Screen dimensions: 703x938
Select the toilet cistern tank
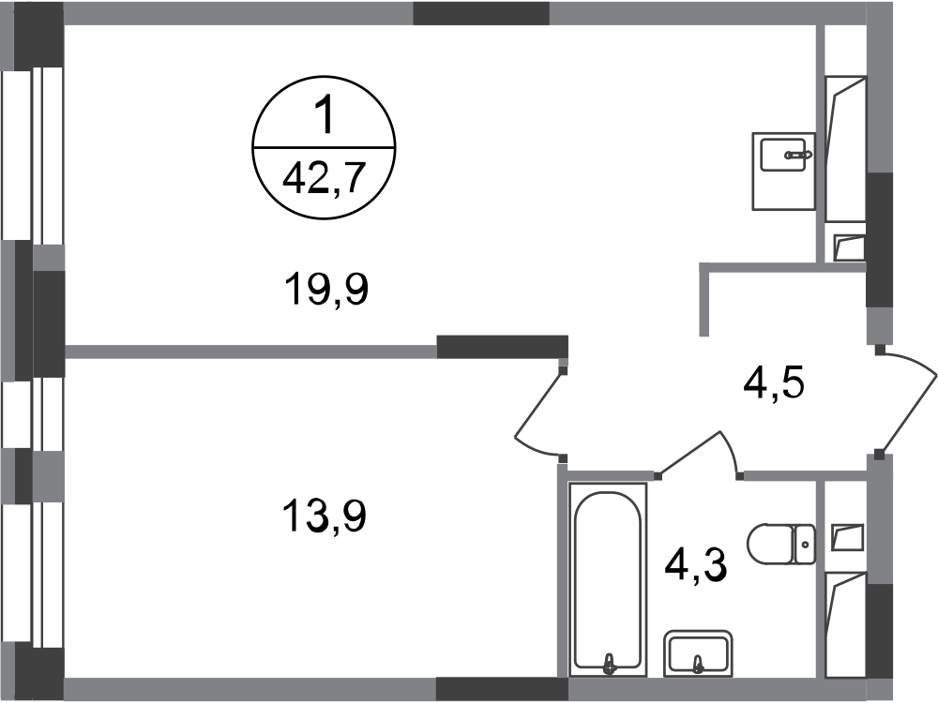point(804,543)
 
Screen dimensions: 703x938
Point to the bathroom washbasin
point(699,652)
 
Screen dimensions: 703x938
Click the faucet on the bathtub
point(611,663)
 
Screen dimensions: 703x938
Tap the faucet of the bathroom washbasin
point(698,666)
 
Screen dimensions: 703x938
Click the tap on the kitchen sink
point(800,152)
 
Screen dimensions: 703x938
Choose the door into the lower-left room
point(537,417)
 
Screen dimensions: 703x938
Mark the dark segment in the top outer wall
point(481,13)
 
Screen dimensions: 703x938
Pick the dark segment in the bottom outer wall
point(502,689)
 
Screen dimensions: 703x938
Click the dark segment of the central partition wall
point(502,347)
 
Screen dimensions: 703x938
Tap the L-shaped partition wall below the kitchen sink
point(750,270)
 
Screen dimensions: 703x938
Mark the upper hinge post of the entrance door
point(879,351)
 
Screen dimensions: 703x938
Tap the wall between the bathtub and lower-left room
point(563,572)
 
